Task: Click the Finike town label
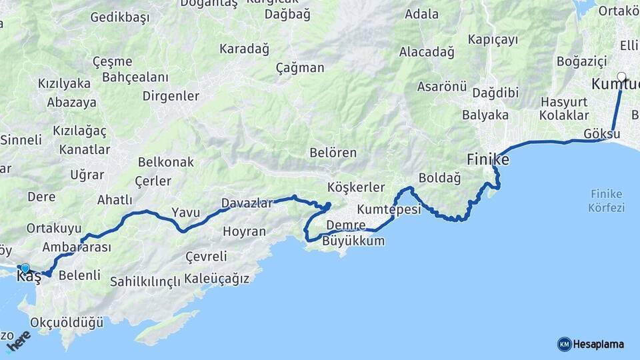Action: (x=488, y=160)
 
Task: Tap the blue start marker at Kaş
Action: (x=25, y=268)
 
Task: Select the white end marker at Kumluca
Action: (x=621, y=77)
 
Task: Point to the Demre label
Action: (x=347, y=225)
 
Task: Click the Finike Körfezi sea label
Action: (x=606, y=201)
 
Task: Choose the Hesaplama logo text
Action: (x=598, y=344)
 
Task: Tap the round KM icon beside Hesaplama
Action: (x=564, y=344)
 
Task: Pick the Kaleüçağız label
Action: (x=217, y=278)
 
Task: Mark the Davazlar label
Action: (x=247, y=203)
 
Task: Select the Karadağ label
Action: (x=244, y=49)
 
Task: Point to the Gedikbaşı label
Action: (x=119, y=18)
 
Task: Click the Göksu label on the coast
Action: (x=601, y=134)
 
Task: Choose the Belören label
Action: (x=333, y=153)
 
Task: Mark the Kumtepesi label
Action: (x=389, y=209)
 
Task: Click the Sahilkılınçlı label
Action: (x=145, y=281)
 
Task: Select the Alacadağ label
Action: (x=427, y=51)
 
